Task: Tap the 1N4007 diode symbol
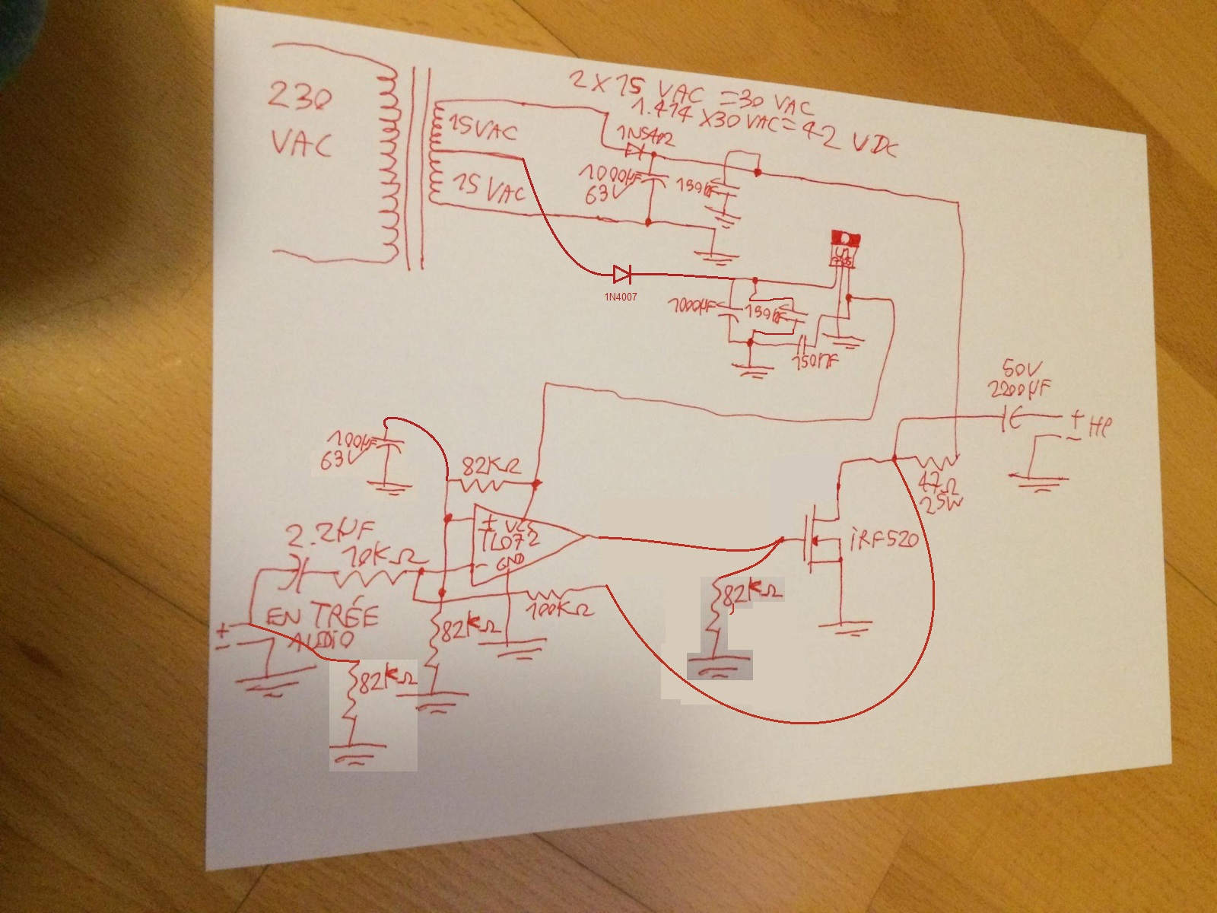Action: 621,273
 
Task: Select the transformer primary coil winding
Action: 389,164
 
